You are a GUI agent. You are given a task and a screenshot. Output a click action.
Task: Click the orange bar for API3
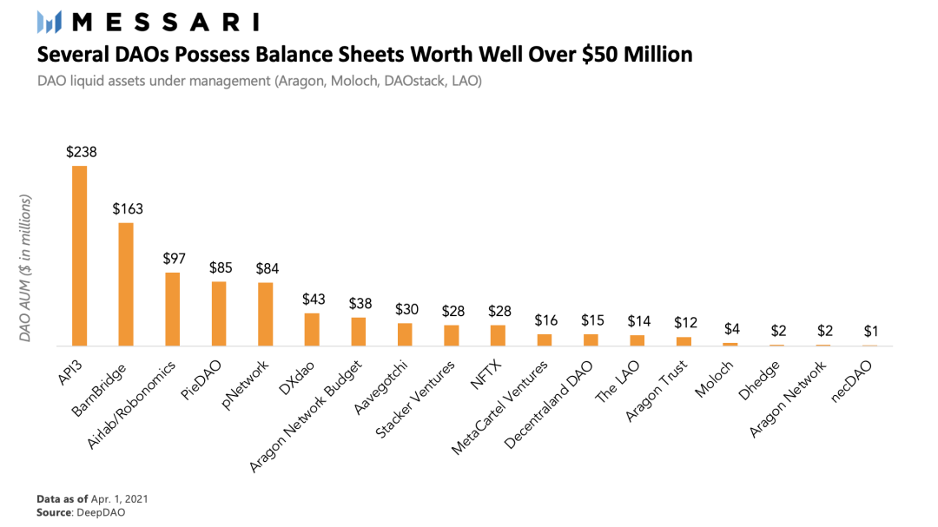tap(79, 255)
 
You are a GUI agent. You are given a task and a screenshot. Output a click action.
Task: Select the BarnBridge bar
tap(126, 284)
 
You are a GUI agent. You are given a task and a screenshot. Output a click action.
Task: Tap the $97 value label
tap(174, 259)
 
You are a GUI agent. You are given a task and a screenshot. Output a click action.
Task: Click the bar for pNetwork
tap(266, 313)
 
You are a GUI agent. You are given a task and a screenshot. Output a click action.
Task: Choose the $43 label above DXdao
tap(313, 299)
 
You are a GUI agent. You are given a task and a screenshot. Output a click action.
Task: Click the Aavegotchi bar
tap(405, 334)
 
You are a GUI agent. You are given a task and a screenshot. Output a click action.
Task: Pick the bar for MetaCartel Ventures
tap(545, 339)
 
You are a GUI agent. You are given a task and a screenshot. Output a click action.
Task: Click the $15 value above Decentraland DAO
tap(591, 320)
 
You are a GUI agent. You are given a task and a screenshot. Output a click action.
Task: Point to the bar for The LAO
tap(637, 340)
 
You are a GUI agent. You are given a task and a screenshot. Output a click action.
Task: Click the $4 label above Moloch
tap(731, 329)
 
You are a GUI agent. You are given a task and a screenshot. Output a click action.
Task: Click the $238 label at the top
tap(81, 152)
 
